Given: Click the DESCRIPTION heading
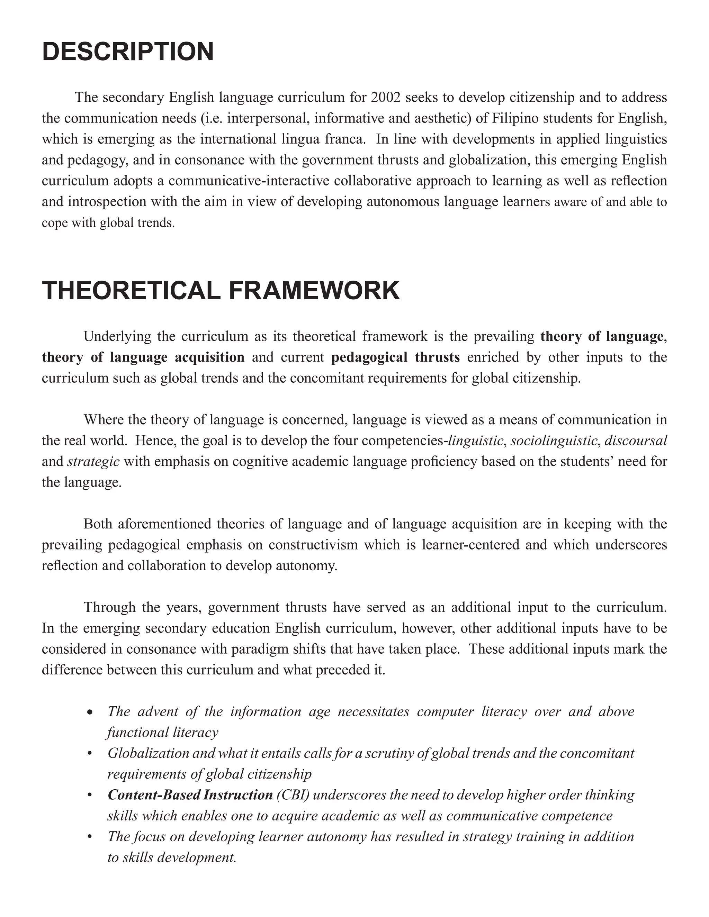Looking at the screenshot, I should [x=128, y=52].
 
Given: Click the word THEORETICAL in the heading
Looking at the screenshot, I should [x=131, y=291].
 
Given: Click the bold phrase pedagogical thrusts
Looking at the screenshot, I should [x=395, y=357].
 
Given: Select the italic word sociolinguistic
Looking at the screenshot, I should [x=554, y=441].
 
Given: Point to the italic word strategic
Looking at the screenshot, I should [x=93, y=461].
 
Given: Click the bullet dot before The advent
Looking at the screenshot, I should [x=89, y=713].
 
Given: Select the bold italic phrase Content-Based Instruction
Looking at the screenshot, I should [x=190, y=795].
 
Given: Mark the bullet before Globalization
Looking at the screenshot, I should [x=89, y=754].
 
